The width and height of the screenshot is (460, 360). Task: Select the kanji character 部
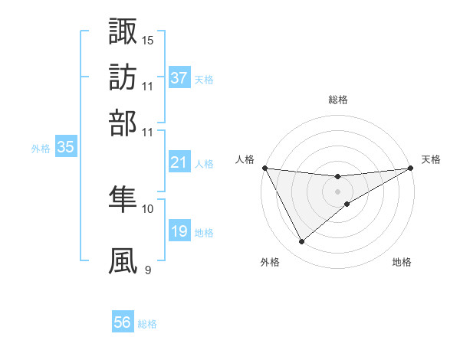123,122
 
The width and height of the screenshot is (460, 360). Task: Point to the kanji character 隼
123,199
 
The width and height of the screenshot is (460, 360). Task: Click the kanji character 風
123,260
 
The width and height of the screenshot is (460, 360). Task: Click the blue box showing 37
179,78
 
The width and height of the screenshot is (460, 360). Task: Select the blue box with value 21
179,162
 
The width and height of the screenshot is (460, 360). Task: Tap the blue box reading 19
179,232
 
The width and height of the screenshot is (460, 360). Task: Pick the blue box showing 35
65,148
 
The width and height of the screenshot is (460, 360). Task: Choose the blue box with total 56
122,322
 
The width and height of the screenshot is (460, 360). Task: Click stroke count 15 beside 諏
148,40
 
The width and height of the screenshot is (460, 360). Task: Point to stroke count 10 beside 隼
148,208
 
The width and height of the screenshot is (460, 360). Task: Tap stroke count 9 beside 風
148,270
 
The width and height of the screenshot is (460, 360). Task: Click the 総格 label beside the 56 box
147,324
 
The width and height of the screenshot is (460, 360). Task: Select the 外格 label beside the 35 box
40,149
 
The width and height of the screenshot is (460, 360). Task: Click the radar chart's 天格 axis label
431,159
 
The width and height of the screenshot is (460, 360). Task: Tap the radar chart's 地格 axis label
402,262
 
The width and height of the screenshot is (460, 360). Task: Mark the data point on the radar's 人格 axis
264,168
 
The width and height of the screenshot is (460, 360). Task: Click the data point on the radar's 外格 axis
302,242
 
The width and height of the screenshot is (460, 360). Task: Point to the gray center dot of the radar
337,191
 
